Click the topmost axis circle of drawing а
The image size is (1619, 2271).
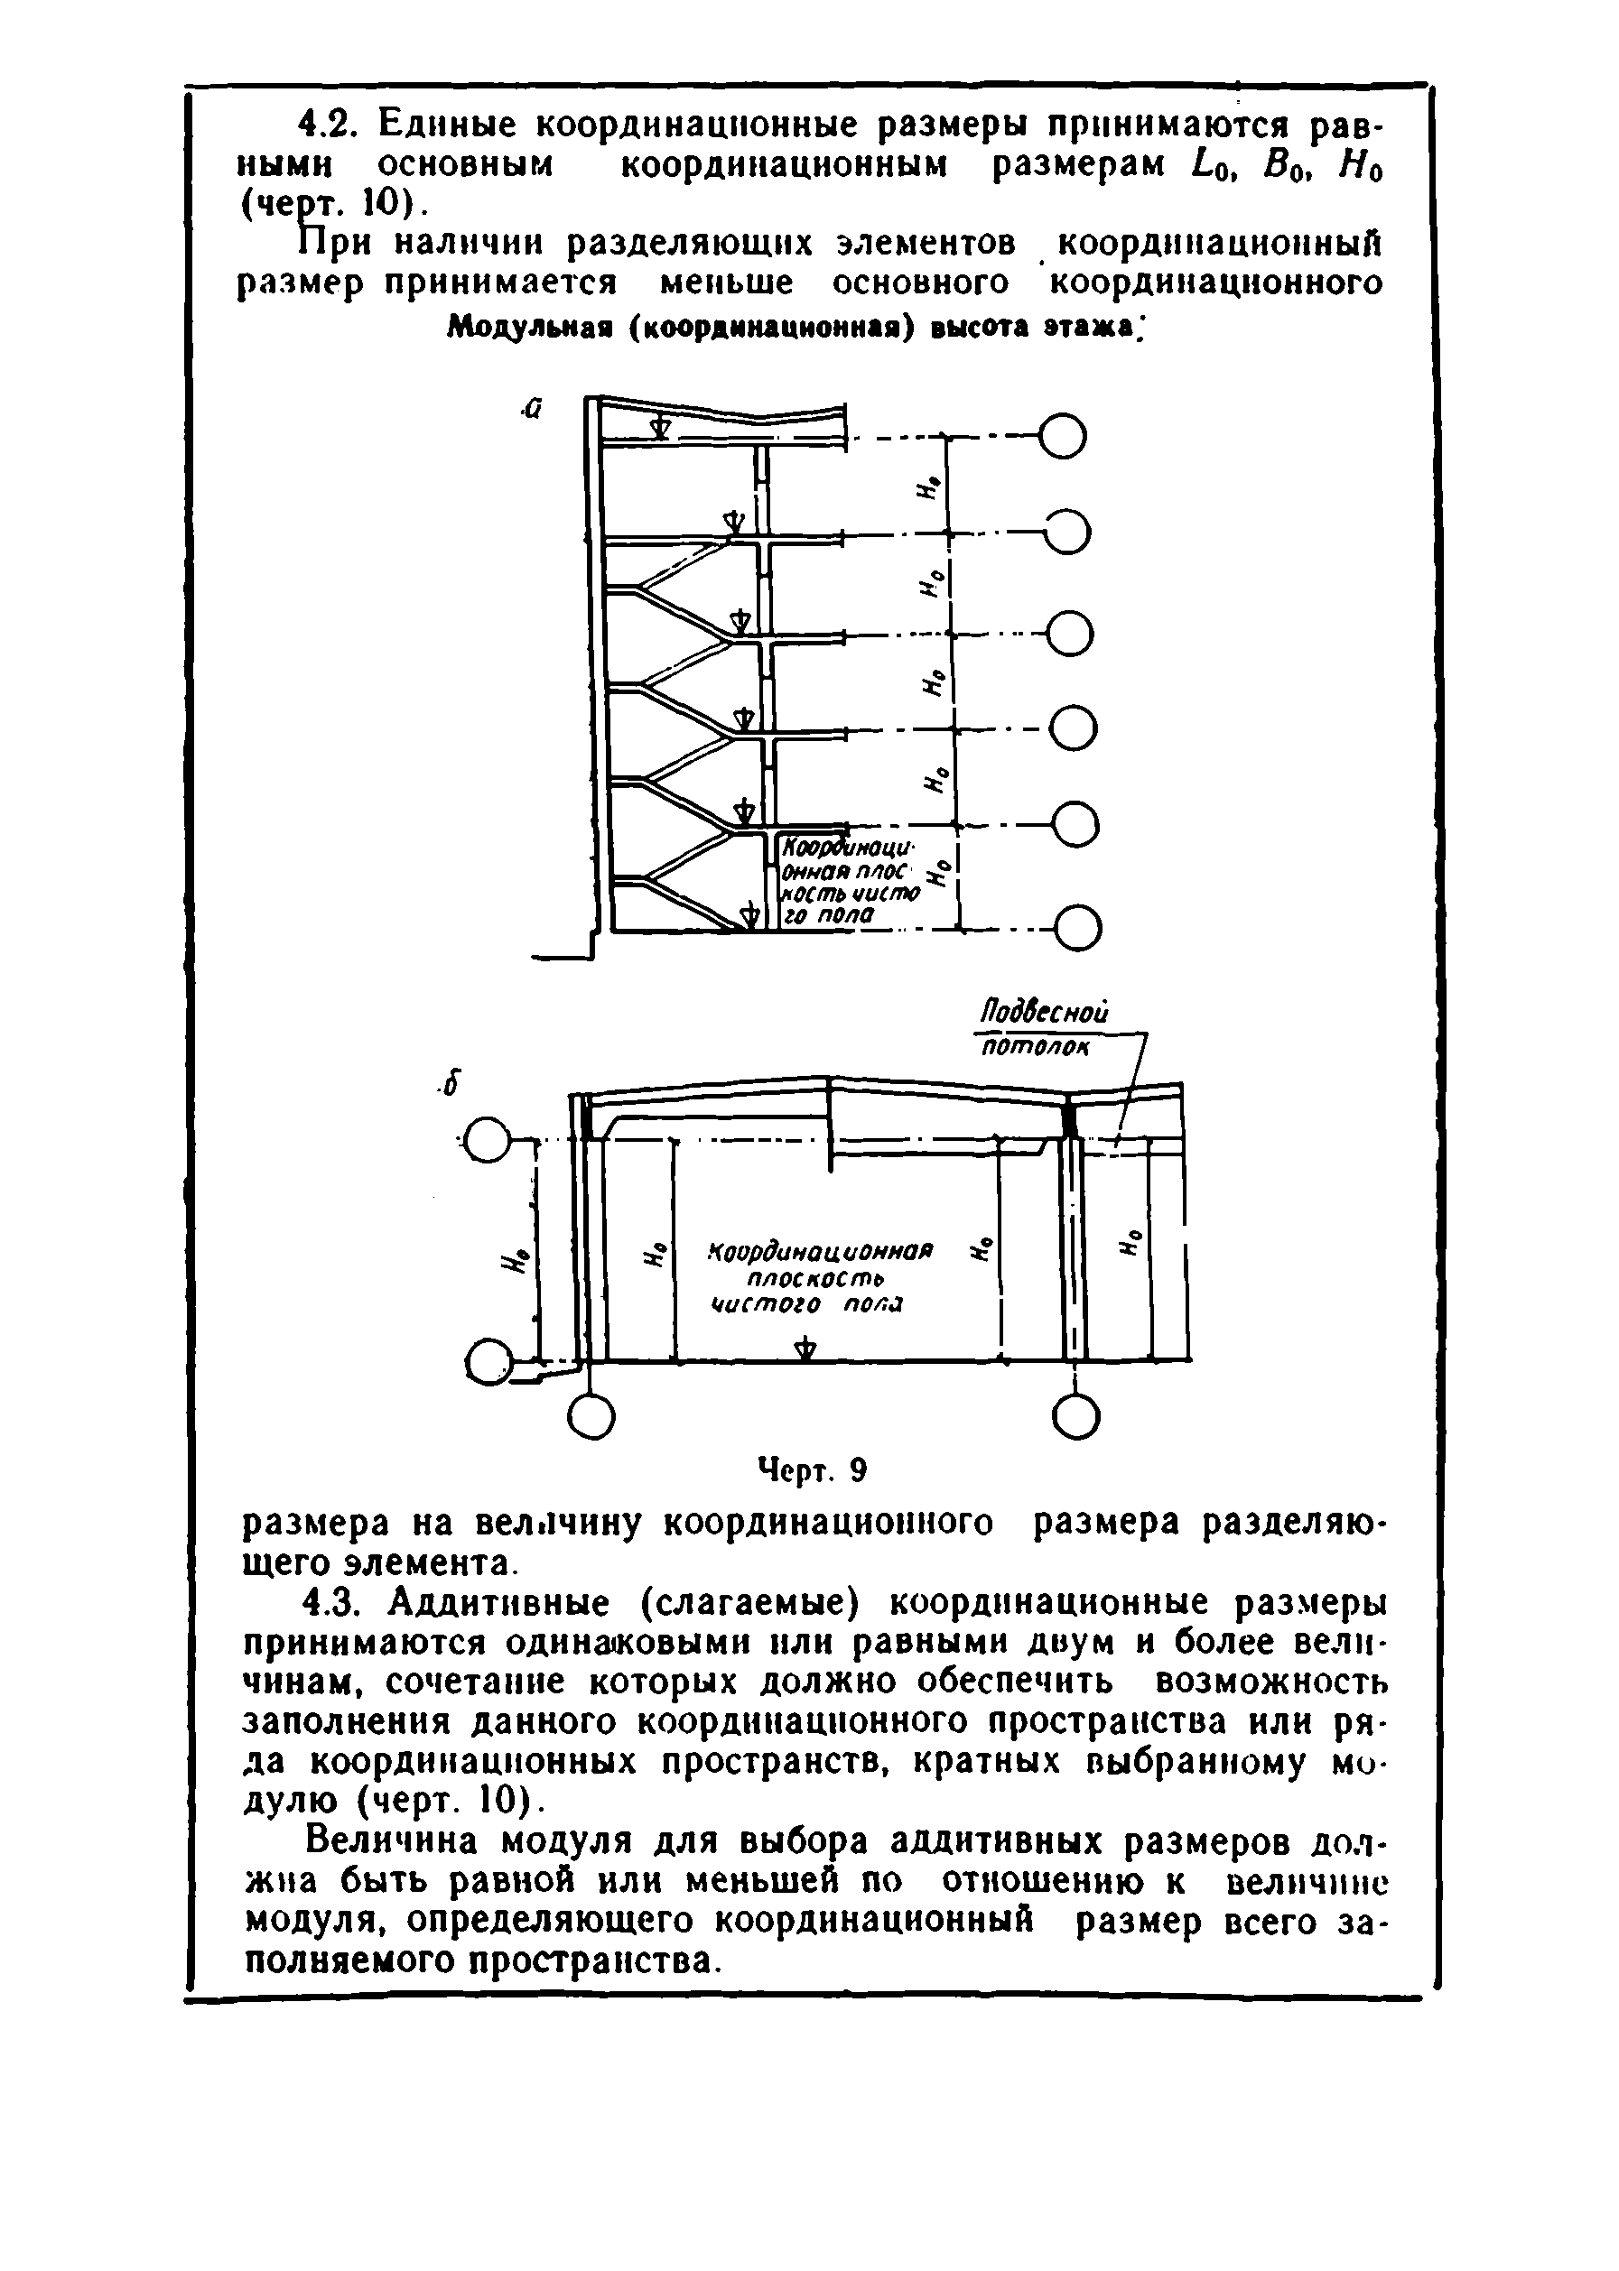tap(1063, 435)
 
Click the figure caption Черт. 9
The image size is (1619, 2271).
tap(814, 1469)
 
